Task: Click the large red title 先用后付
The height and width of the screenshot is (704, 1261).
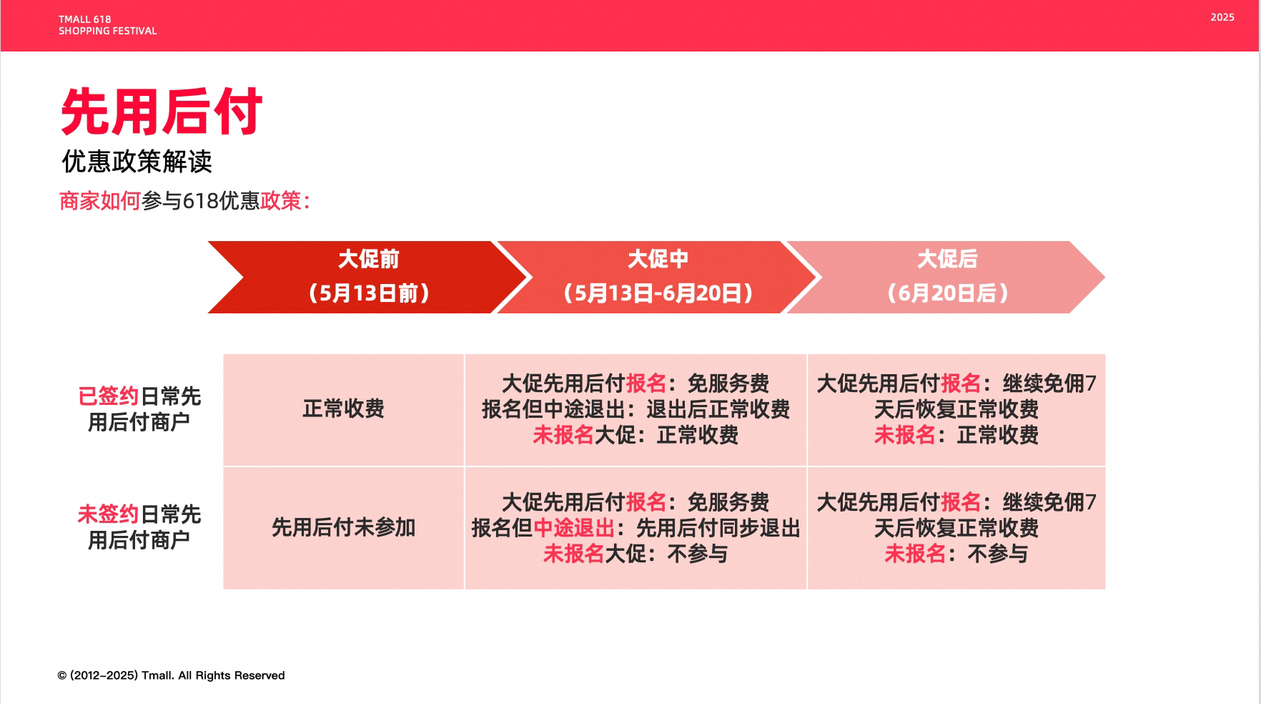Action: [x=162, y=112]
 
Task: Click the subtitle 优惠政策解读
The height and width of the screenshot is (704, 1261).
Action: [x=137, y=162]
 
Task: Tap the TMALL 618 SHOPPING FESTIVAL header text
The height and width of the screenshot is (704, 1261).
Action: [x=107, y=25]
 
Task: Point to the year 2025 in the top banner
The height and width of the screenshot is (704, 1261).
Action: [x=1222, y=17]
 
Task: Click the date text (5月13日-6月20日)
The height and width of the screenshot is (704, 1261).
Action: [x=658, y=293]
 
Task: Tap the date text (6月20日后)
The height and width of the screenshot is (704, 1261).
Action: [x=947, y=293]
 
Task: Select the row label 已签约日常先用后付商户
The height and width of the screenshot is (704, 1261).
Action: [x=139, y=409]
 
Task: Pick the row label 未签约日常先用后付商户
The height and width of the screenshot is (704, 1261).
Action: [x=139, y=527]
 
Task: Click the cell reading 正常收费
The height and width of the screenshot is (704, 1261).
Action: [x=343, y=409]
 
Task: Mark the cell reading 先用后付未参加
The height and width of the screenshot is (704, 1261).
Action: [x=343, y=528]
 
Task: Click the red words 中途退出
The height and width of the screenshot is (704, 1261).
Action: [x=574, y=528]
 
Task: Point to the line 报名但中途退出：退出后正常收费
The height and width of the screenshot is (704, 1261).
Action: [x=636, y=409]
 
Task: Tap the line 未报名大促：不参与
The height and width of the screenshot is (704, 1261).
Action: [x=636, y=554]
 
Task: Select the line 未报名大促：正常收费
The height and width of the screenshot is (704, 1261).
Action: [x=636, y=435]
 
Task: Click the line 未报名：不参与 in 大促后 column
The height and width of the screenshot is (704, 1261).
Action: [x=956, y=554]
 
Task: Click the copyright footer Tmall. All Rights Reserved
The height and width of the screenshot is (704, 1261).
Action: [x=171, y=675]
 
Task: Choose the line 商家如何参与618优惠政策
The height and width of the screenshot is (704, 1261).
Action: [x=184, y=201]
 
